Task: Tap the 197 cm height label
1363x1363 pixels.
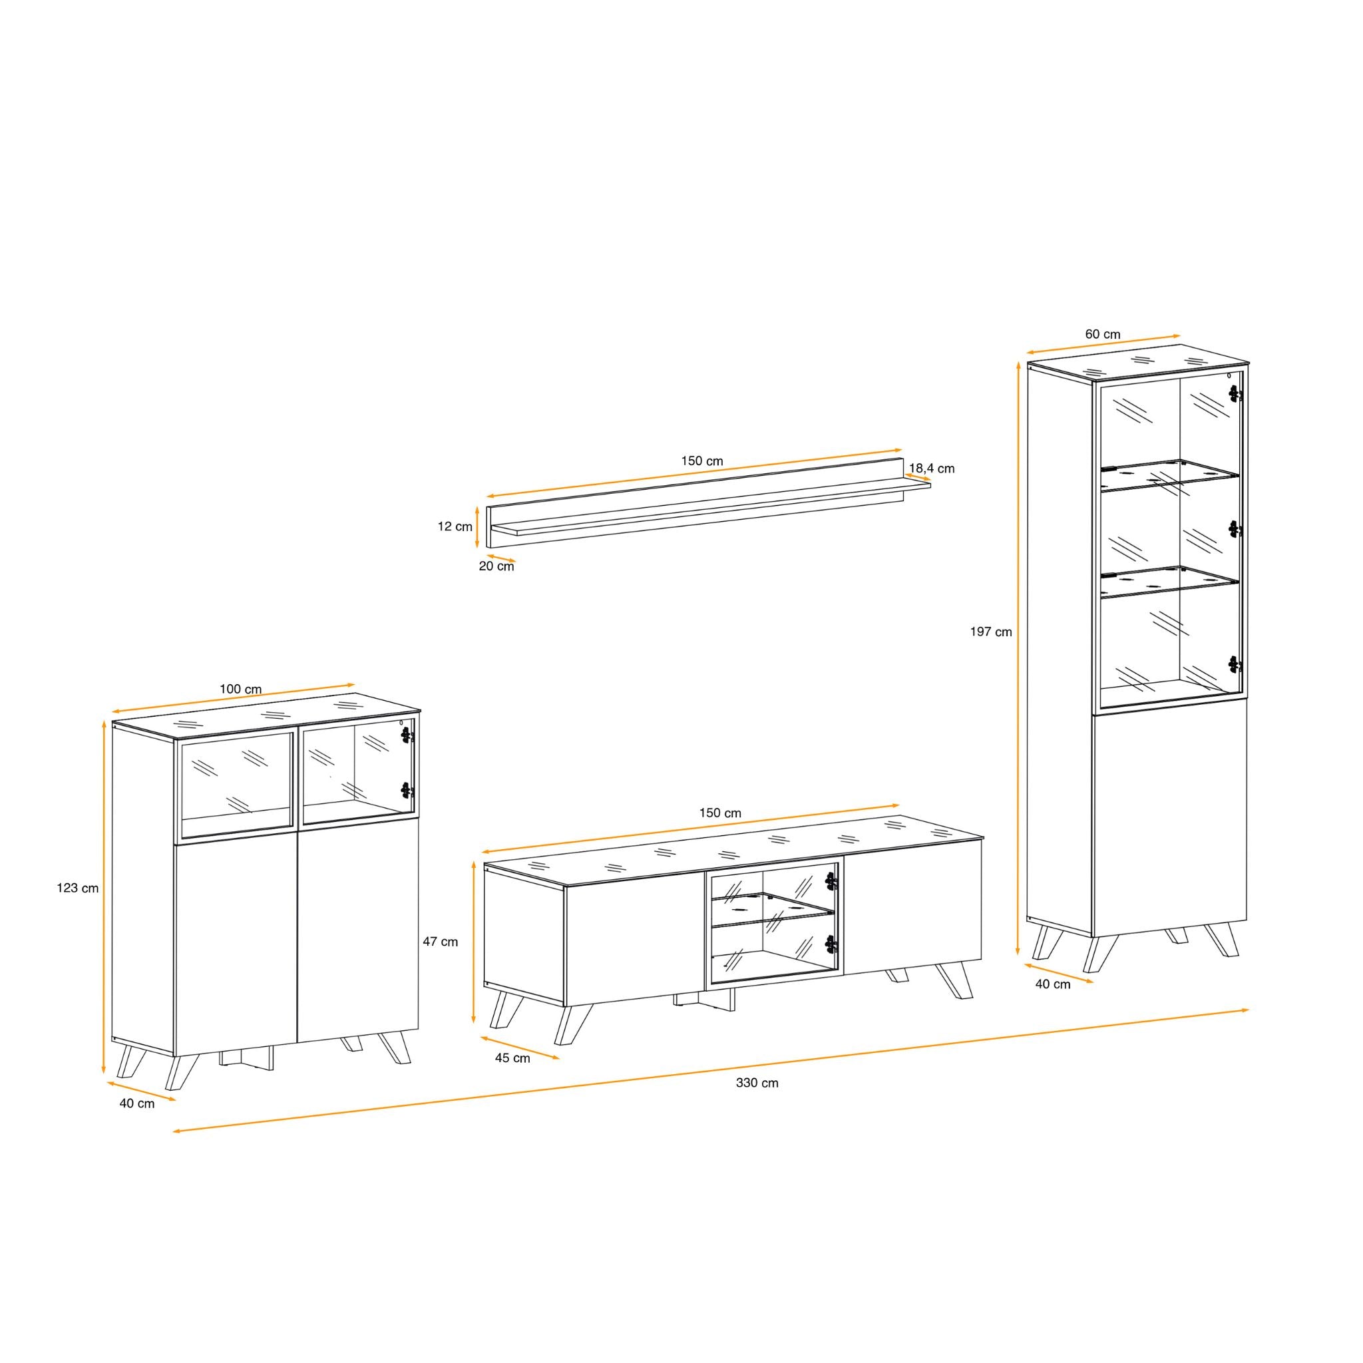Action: (x=990, y=632)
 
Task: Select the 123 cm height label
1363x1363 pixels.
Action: (x=78, y=888)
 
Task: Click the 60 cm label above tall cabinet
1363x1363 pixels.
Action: (x=1103, y=334)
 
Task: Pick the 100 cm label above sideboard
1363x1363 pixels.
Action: (x=240, y=689)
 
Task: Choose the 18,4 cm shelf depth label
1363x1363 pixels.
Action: (x=932, y=469)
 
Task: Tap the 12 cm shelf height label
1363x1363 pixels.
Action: (x=455, y=526)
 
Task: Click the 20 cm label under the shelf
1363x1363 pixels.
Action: (x=496, y=566)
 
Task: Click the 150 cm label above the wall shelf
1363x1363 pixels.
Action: (x=702, y=461)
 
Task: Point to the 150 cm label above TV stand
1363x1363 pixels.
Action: (x=720, y=813)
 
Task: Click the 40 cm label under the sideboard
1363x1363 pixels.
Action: (x=137, y=1104)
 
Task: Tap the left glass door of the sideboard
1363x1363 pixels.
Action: (x=237, y=778)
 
